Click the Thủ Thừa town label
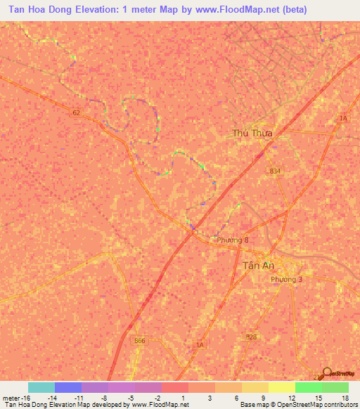pos(252,132)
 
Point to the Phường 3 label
pos(287,280)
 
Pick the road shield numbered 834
pos(274,171)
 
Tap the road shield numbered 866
pos(141,340)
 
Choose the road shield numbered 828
pos(251,338)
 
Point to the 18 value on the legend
pos(344,397)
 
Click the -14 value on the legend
pos(52,397)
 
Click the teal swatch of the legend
pos(41,387)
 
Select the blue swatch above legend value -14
pos(68,387)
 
